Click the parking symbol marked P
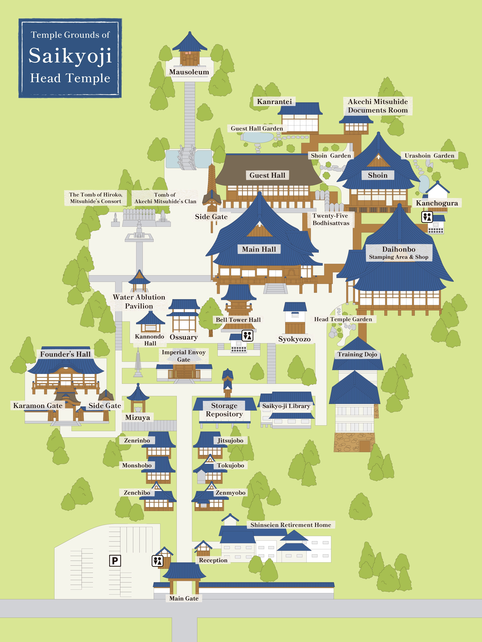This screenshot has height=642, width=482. click(115, 561)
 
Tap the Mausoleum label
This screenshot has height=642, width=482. click(189, 72)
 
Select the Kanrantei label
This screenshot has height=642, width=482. click(274, 102)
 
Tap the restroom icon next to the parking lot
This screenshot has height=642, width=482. click(157, 561)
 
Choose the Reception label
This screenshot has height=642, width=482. click(213, 560)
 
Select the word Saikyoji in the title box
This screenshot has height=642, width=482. click(70, 56)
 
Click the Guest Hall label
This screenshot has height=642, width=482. click(267, 175)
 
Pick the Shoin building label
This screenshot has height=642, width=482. click(378, 175)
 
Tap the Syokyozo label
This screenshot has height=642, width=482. click(294, 339)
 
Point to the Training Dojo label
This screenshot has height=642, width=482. click(357, 354)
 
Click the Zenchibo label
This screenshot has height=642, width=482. click(137, 493)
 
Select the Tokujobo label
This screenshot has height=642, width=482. click(230, 466)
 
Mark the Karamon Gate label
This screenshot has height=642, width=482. click(38, 406)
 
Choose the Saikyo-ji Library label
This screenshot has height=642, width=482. click(286, 406)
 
